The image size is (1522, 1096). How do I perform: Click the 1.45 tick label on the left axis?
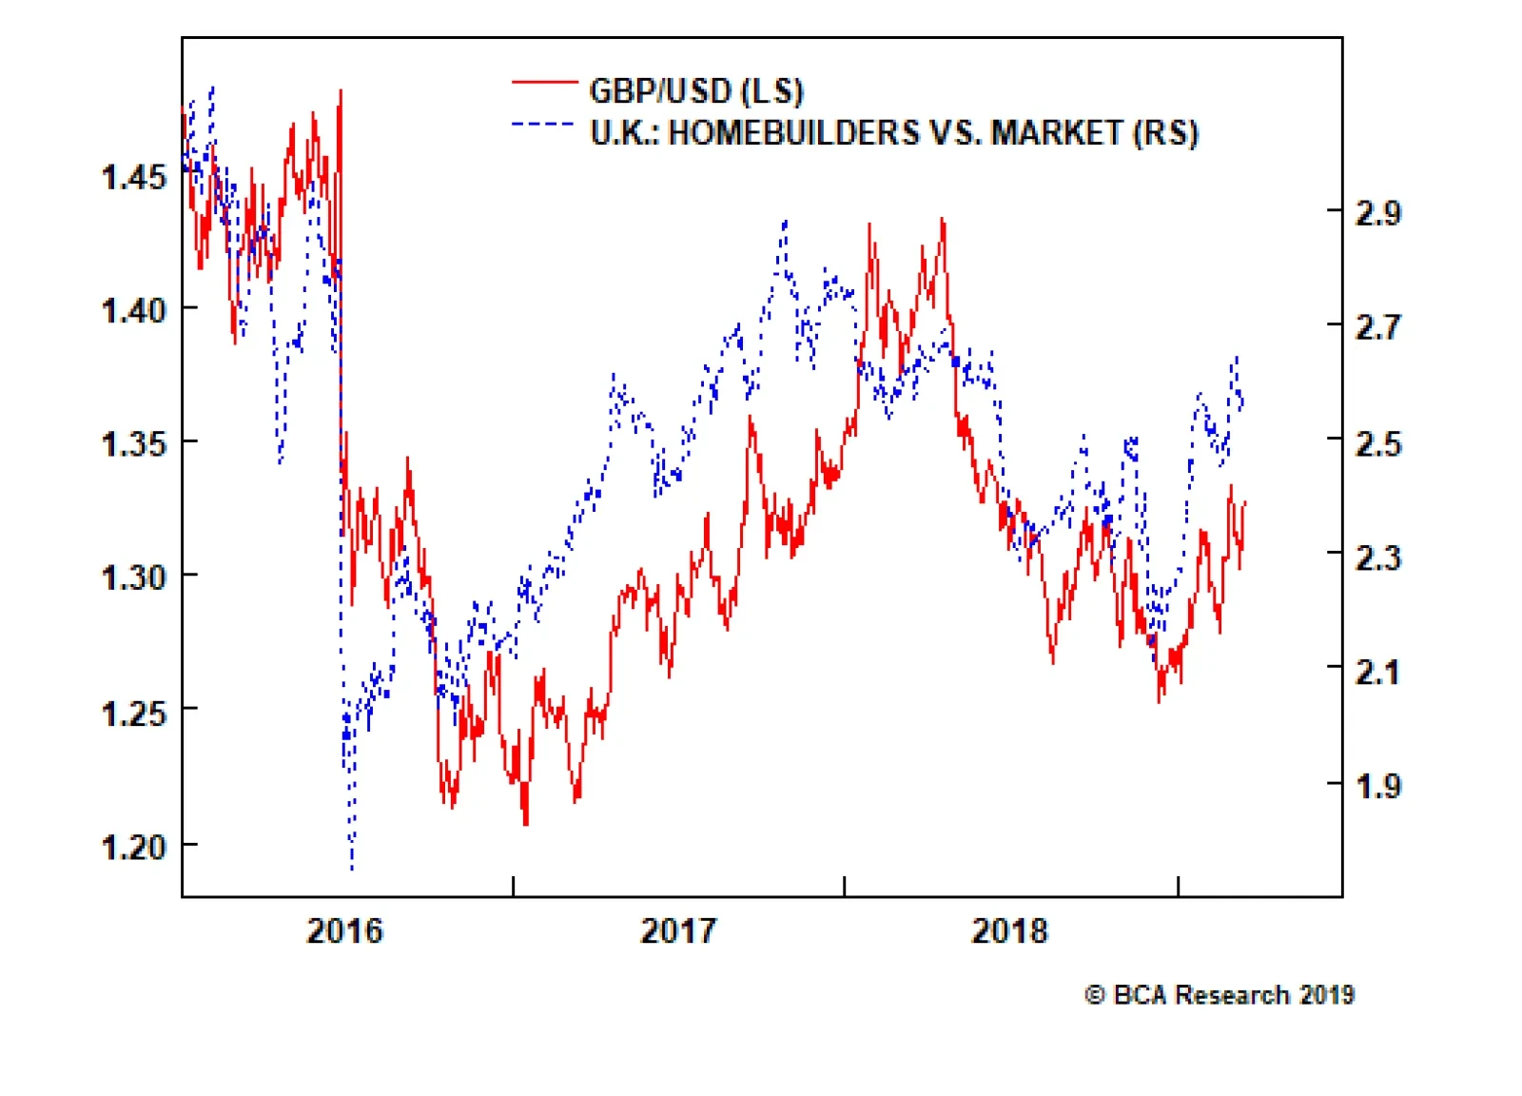133,176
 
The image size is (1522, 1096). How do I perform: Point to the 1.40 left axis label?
133,309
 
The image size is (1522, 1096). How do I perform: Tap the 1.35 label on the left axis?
133,442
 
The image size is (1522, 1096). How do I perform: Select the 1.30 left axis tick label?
133,577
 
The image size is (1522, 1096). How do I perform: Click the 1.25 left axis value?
133,712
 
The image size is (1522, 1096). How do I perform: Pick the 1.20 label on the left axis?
133,846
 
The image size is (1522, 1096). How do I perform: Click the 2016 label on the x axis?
344,930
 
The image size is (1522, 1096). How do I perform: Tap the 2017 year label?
677,930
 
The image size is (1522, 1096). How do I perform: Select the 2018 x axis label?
1009,930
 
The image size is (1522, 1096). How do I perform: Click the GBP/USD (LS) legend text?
696,91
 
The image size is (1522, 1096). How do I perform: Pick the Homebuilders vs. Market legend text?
894,132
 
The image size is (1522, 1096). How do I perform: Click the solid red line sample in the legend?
544,84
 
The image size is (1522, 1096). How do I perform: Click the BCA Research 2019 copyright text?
1220,995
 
